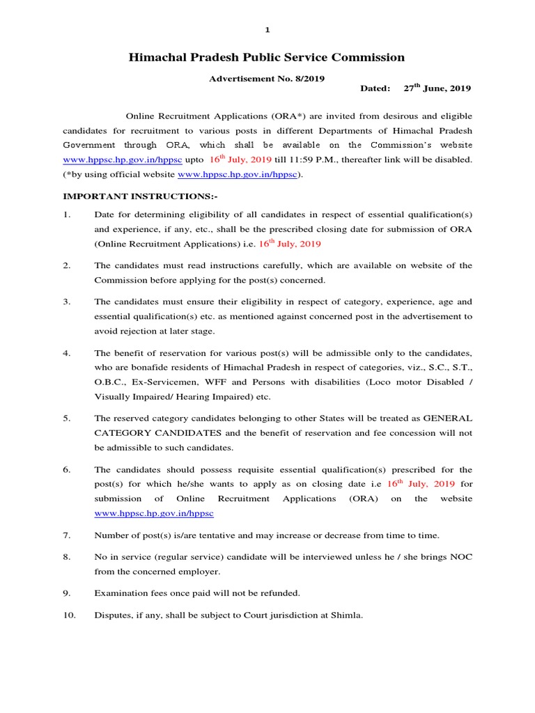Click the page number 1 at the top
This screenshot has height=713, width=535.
(x=267, y=30)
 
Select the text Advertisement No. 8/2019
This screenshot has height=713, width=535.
(x=267, y=79)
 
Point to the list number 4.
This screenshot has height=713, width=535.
(x=67, y=353)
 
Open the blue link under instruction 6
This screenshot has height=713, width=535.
(x=154, y=513)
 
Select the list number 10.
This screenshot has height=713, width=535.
(x=69, y=616)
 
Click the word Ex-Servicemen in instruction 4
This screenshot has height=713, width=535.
(x=158, y=382)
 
